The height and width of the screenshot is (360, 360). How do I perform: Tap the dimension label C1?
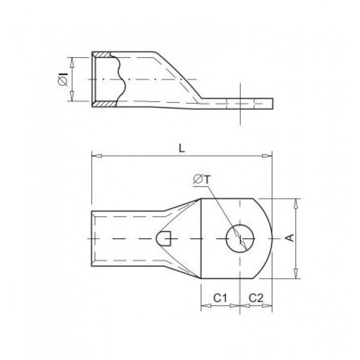(x=220, y=297)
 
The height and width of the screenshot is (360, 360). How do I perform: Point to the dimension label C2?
(x=255, y=297)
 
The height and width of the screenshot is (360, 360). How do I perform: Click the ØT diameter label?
(x=201, y=178)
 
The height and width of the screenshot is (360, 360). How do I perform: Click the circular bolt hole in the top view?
(x=240, y=239)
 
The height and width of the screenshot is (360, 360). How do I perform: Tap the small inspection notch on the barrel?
(x=164, y=239)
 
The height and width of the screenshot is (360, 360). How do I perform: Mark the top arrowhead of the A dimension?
(x=297, y=202)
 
